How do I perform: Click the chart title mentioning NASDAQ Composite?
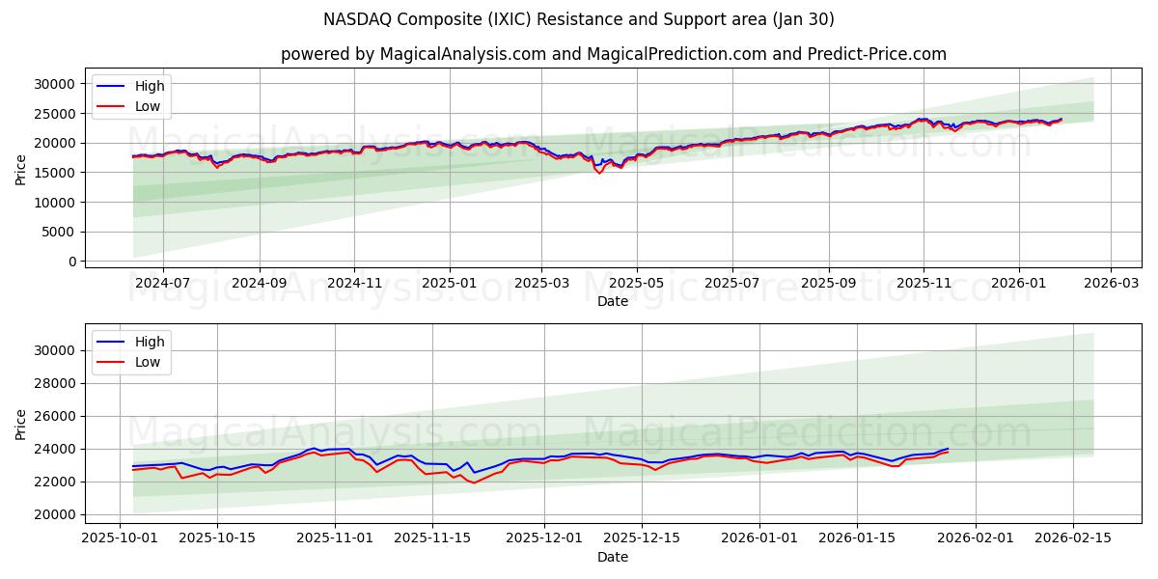tap(579, 19)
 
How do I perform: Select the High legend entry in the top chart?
tap(149, 86)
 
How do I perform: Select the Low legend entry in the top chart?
tap(148, 106)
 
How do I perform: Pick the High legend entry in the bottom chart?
tap(149, 342)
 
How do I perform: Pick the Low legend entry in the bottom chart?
tap(148, 362)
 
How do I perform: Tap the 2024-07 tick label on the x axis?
tap(161, 283)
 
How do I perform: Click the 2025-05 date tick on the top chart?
tap(636, 283)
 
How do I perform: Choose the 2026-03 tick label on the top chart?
tap(1111, 283)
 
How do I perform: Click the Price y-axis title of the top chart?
tap(21, 169)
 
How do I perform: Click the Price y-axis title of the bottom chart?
tap(21, 425)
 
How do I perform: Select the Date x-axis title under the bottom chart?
tap(613, 557)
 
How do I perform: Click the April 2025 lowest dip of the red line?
tap(599, 173)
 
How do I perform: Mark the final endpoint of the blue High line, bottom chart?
tap(949, 448)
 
